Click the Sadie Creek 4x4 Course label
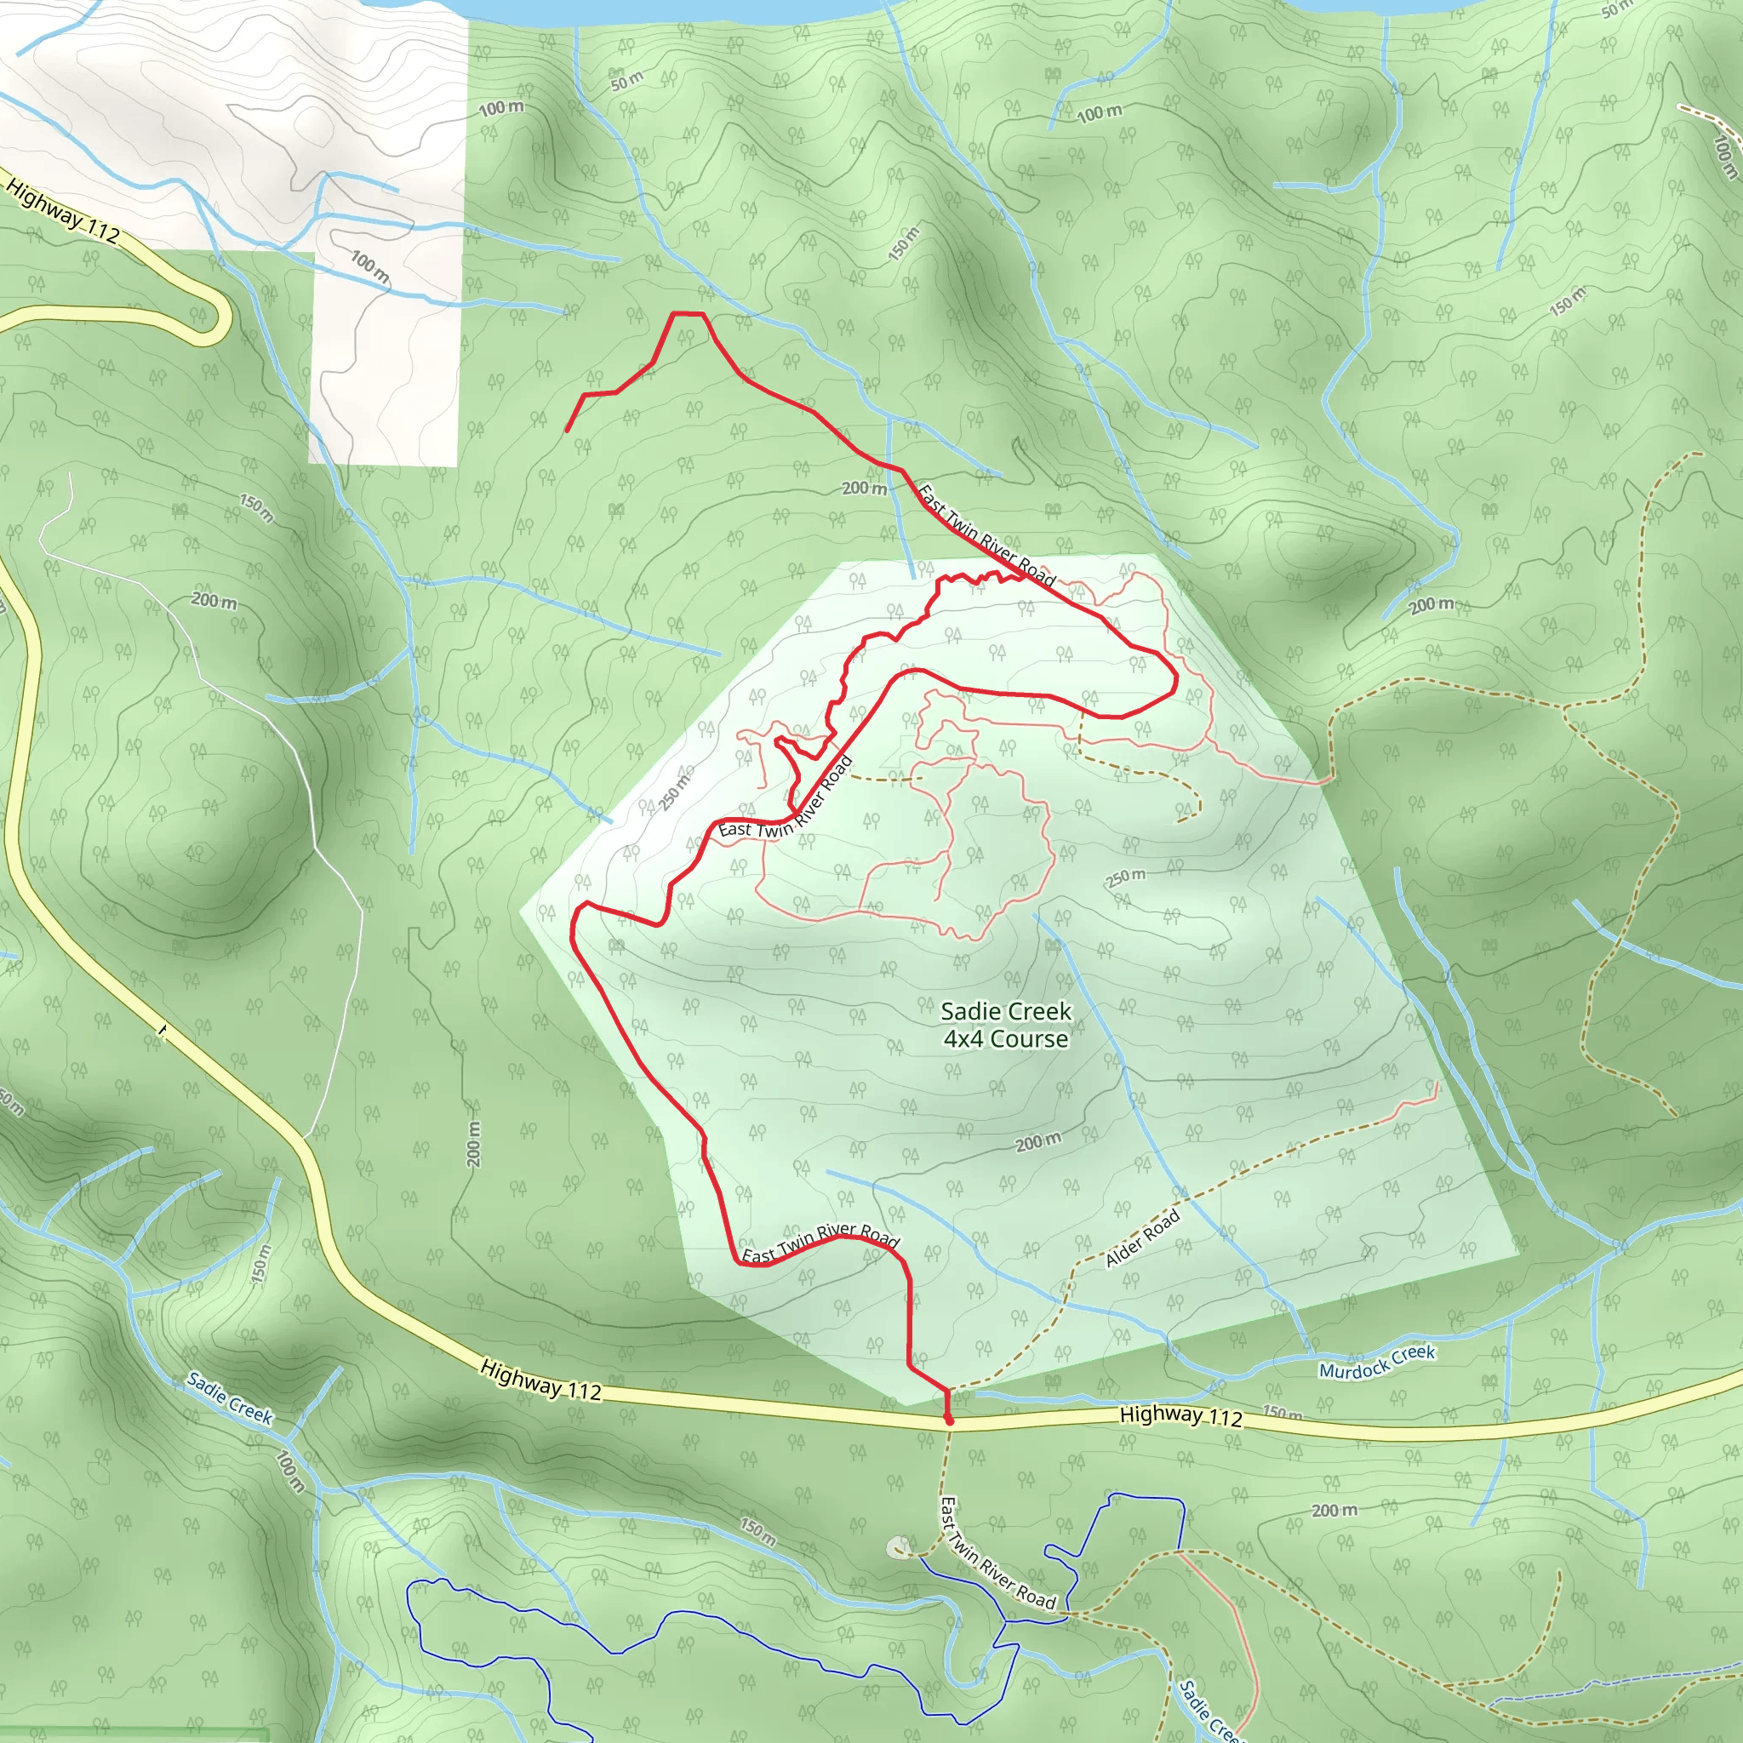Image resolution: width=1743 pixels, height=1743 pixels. pos(1006,1025)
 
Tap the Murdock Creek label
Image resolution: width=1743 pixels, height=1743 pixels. pos(1377,1363)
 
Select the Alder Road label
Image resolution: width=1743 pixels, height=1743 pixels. pos(1142,1239)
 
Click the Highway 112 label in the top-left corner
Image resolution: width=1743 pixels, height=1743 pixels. pos(63,211)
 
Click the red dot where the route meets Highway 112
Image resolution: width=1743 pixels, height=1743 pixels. pos(948,1420)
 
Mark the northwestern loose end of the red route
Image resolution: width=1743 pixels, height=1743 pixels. pos(567,431)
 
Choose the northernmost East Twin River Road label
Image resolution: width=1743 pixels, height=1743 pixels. pos(986,536)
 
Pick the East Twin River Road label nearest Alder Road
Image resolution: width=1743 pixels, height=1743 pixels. pos(820,1244)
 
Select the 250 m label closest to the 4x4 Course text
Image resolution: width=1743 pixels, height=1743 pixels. pos(1126,876)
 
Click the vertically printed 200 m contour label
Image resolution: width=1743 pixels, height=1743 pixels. pos(475,1144)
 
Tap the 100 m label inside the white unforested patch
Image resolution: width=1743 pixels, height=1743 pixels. pos(370,267)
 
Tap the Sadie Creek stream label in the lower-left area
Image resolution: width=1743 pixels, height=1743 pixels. pos(229,1397)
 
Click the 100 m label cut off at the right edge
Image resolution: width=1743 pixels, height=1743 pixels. pos(1723,155)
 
